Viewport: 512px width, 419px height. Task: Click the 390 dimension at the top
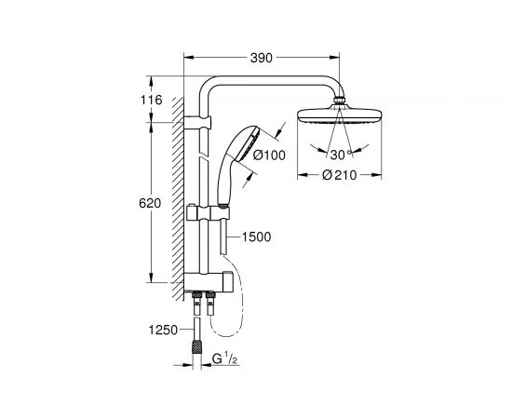[263, 58]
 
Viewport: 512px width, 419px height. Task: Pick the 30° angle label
[339, 153]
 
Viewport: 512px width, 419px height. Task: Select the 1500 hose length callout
[256, 237]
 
